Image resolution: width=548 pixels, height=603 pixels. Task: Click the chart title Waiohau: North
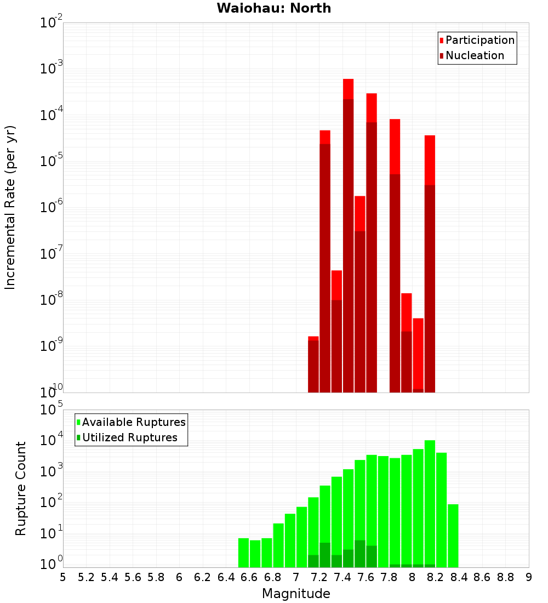pyautogui.click(x=274, y=8)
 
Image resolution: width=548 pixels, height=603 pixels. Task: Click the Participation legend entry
pyautogui.click(x=480, y=41)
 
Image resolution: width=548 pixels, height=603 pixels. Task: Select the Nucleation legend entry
pyautogui.click(x=475, y=56)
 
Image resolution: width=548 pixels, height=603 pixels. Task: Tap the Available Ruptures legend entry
pyautogui.click(x=134, y=422)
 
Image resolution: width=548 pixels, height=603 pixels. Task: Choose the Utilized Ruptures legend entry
pyautogui.click(x=129, y=437)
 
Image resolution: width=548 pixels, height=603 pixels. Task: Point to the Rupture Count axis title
pyautogui.click(x=21, y=488)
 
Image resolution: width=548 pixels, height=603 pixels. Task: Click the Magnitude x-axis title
pyautogui.click(x=296, y=594)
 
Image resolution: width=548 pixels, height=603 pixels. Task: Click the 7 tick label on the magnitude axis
pyautogui.click(x=296, y=577)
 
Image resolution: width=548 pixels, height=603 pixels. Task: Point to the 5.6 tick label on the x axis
pyautogui.click(x=133, y=577)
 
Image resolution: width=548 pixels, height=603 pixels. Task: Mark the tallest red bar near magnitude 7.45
pyautogui.click(x=348, y=236)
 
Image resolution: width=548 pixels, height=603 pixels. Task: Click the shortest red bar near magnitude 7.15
pyautogui.click(x=313, y=365)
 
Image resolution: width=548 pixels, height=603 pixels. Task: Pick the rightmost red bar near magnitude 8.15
pyautogui.click(x=430, y=263)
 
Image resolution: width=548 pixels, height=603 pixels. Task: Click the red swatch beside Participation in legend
pyautogui.click(x=441, y=41)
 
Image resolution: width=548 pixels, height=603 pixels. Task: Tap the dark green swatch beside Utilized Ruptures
pyautogui.click(x=78, y=437)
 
